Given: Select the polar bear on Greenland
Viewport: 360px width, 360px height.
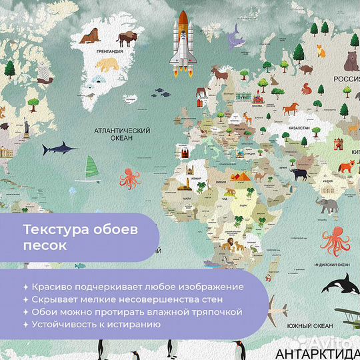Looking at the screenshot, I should click(107, 65).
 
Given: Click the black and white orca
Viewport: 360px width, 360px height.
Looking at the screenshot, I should click(337, 285).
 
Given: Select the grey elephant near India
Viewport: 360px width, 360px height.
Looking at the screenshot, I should click(328, 205).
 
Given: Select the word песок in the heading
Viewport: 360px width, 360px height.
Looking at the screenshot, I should click(44, 245).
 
